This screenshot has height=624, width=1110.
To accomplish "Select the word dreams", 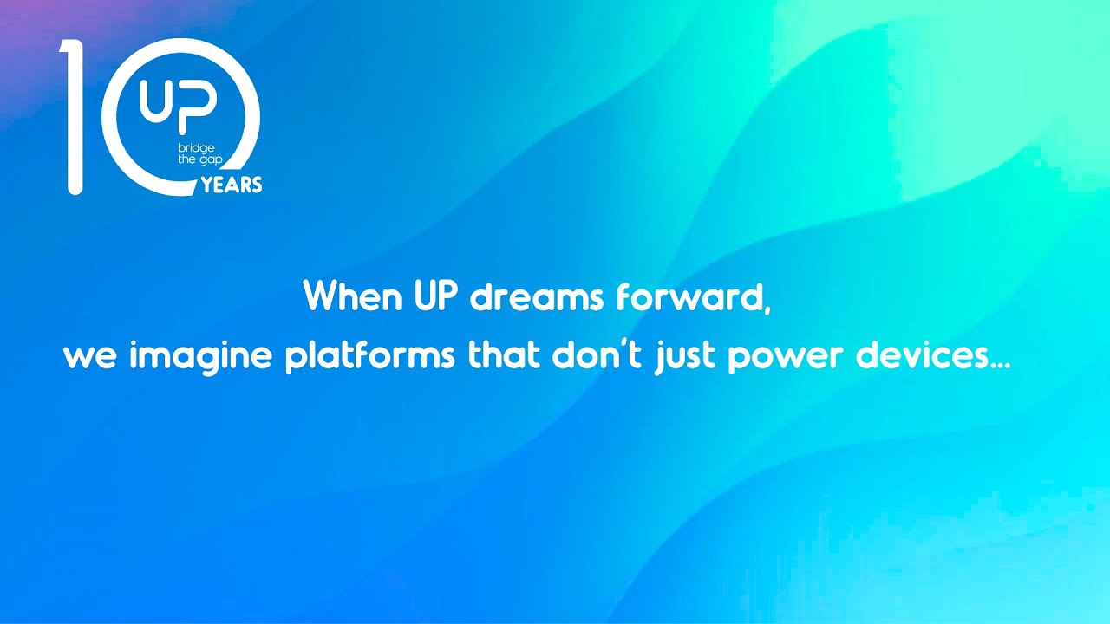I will coord(536,297).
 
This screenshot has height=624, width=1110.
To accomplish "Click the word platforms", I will coord(369,357).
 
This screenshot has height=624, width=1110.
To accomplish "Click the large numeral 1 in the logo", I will coord(73,116).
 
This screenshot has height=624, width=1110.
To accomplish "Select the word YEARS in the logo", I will coord(232,185).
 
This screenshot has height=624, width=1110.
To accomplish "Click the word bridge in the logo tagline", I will coord(196,148).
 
